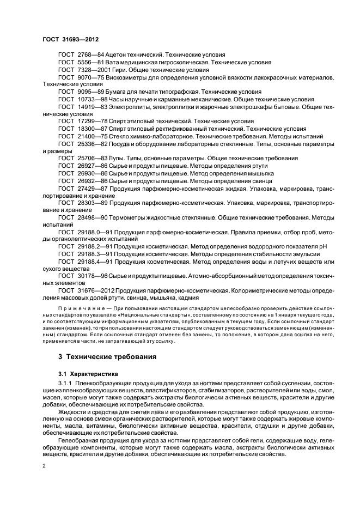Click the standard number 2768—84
88,56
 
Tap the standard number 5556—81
88,63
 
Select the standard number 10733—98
90,100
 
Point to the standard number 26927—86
90,166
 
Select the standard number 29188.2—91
93,246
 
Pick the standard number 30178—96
90,276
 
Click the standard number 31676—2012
93,290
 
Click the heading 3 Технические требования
107,356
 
